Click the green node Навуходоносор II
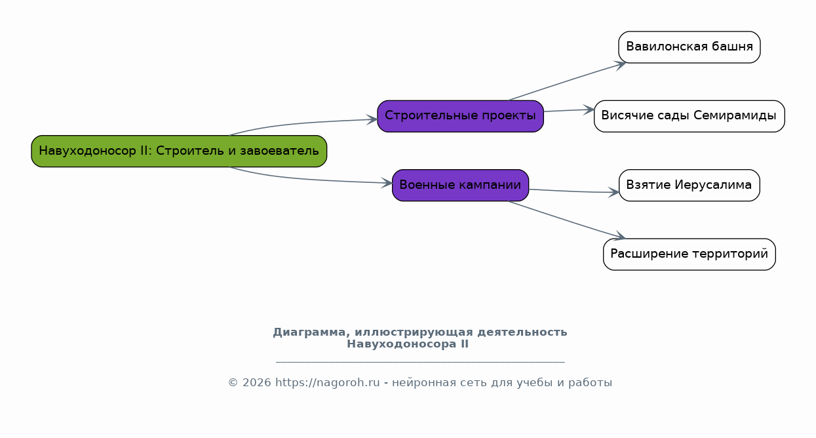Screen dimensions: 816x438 point(179,151)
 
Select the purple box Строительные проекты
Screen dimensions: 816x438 point(461,116)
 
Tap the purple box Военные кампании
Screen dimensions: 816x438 point(461,185)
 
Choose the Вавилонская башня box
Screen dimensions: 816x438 point(690,47)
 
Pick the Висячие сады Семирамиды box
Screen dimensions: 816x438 point(690,116)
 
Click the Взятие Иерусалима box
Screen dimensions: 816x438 point(690,185)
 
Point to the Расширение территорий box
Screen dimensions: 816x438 point(690,254)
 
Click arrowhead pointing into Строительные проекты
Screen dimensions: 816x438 point(372,119)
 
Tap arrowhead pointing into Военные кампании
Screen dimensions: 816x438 point(387,183)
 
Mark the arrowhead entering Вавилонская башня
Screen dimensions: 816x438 point(621,66)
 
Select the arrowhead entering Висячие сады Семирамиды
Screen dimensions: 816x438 point(589,109)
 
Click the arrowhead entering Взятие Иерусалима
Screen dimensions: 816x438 point(613,192)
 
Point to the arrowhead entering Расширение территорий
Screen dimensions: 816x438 point(620,236)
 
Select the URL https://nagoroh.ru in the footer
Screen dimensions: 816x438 point(328,383)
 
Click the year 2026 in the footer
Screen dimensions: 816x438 point(257,383)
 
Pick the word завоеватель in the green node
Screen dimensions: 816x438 point(279,151)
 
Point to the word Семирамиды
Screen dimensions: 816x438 point(735,115)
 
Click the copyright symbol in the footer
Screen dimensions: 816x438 point(233,383)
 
